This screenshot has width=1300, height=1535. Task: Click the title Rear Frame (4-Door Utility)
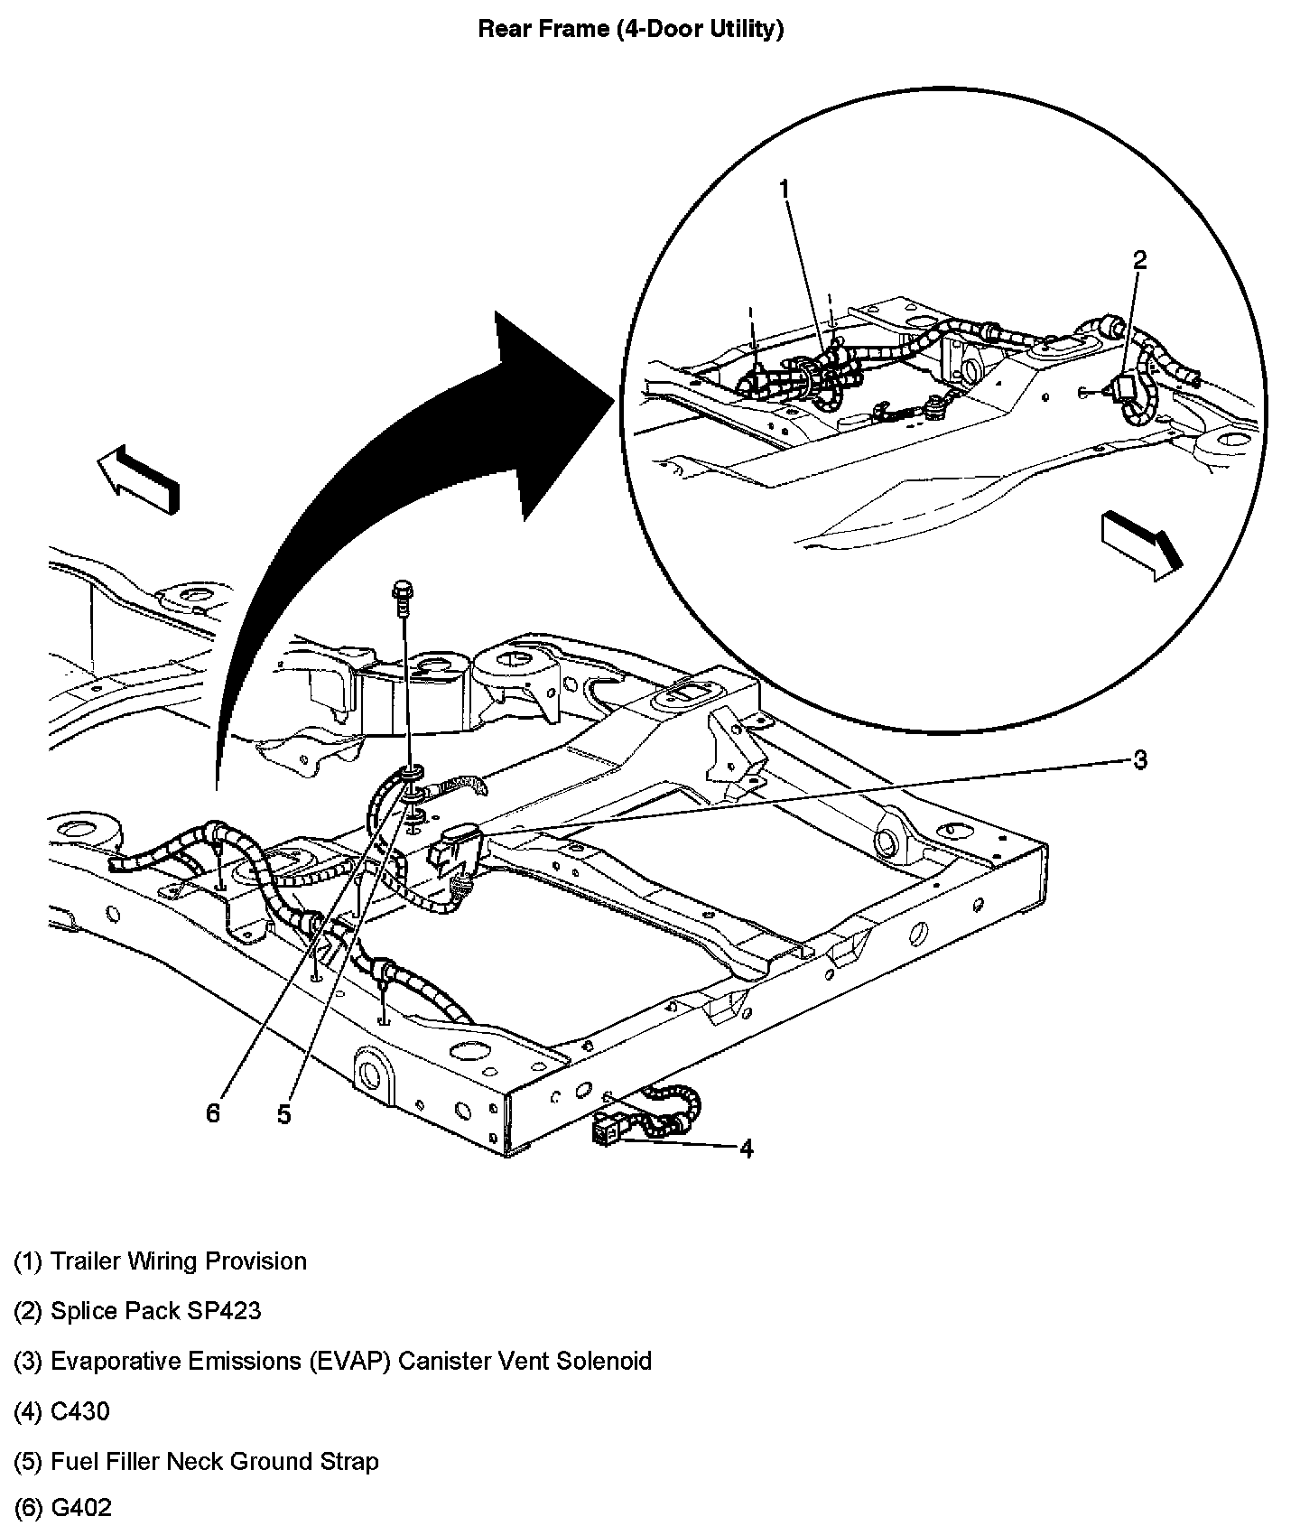click(x=630, y=29)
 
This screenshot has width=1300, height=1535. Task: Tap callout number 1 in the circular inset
click(x=784, y=189)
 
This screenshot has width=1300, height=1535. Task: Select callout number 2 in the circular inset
click(x=1139, y=260)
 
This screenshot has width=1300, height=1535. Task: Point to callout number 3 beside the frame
click(x=1139, y=760)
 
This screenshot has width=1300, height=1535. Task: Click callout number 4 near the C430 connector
click(x=746, y=1148)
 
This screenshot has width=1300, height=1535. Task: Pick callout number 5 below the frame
click(x=284, y=1115)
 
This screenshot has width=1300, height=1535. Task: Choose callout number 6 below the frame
click(x=213, y=1113)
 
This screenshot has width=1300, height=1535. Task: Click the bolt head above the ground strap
click(x=400, y=592)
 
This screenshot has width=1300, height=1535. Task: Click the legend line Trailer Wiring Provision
click(x=160, y=1261)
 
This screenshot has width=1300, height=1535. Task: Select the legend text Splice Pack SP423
click(x=137, y=1311)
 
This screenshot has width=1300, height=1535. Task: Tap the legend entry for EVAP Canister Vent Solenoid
click(x=332, y=1361)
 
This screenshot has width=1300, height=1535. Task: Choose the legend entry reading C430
click(x=61, y=1411)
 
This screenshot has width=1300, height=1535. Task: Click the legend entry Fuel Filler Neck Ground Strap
click(x=196, y=1461)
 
